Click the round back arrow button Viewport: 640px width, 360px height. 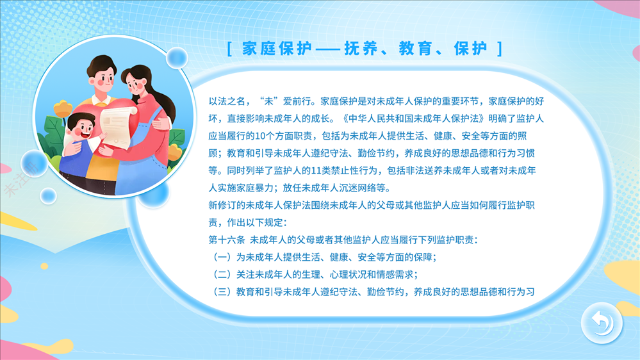pyautogui.click(x=602, y=323)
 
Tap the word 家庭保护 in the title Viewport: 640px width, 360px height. pyautogui.click(x=277, y=49)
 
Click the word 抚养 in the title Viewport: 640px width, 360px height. pyautogui.click(x=361, y=49)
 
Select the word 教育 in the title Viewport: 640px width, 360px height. pyautogui.click(x=416, y=49)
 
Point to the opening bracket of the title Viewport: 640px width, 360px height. pyautogui.click(x=229, y=49)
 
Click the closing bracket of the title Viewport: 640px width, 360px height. pyautogui.click(x=500, y=49)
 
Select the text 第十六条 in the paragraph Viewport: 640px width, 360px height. pyautogui.click(x=227, y=240)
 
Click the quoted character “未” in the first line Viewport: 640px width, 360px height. pyautogui.click(x=268, y=101)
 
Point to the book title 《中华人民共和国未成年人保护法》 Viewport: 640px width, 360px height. pyautogui.click(x=413, y=119)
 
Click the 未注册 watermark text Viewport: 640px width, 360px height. pyautogui.click(x=22, y=179)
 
